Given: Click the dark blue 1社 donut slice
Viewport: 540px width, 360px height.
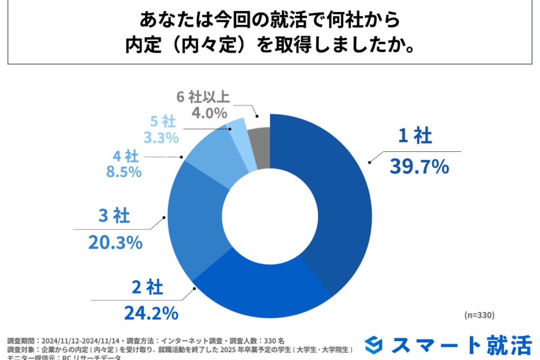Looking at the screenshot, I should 327,200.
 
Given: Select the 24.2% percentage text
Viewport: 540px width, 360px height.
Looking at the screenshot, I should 151,313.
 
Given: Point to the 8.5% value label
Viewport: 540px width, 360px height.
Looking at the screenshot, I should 126,172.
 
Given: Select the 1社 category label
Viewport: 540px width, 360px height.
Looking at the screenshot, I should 415,137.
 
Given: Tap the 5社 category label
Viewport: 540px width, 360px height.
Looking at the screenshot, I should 163,122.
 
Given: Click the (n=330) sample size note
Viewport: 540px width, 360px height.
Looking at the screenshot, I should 478,315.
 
